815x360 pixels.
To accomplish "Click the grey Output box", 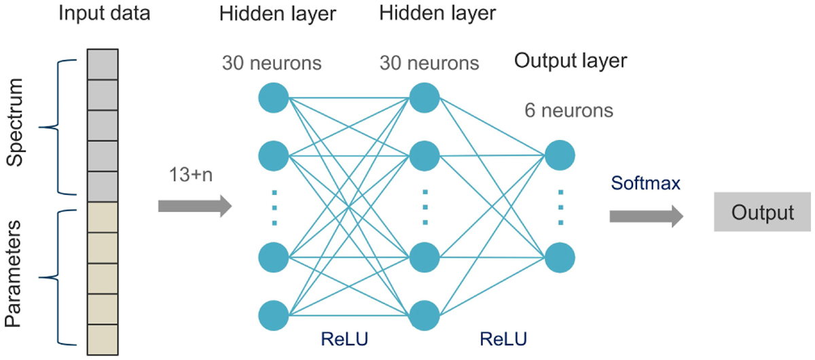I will click(x=763, y=213).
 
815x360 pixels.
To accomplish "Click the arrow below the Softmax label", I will click(x=645, y=216).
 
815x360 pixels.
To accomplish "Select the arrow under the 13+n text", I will click(x=194, y=205).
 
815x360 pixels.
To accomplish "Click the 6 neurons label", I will click(x=568, y=109).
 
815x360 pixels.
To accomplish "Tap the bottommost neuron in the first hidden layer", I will click(x=274, y=315).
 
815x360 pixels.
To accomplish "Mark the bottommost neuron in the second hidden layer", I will click(x=424, y=315).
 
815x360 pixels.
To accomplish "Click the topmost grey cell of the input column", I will click(x=103, y=67).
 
